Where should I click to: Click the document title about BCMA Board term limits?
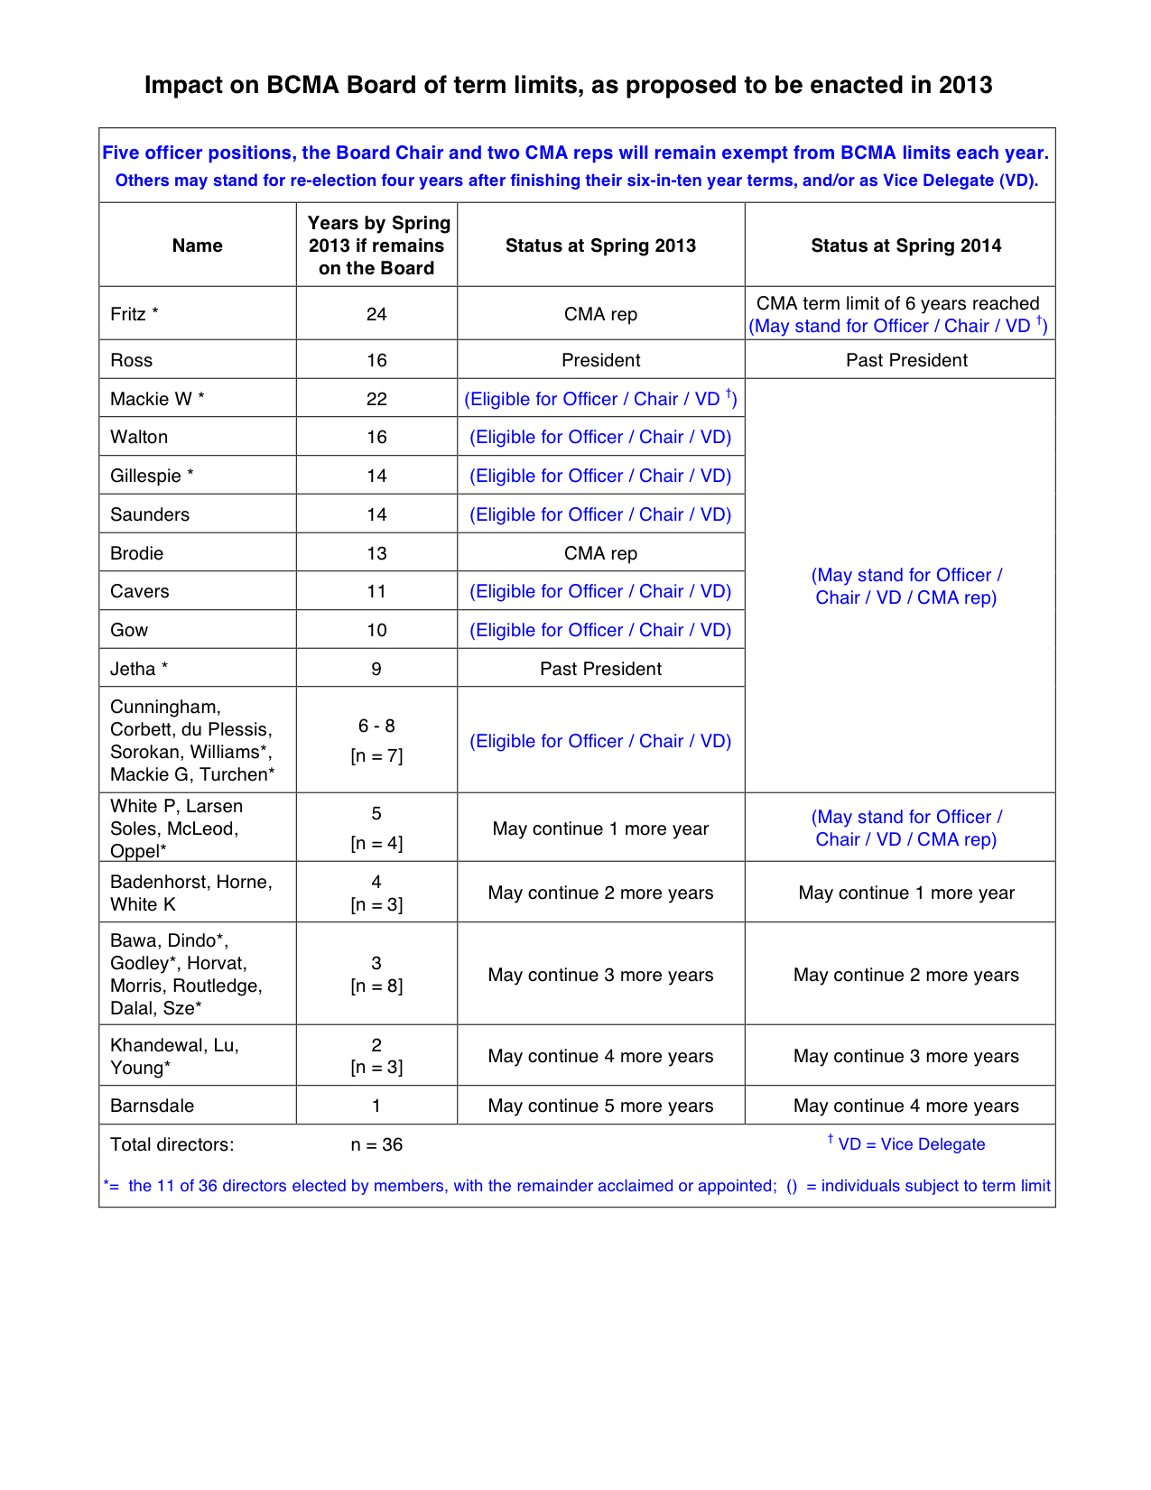click(568, 85)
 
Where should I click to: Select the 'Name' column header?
click(197, 245)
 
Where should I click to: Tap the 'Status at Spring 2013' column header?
click(600, 245)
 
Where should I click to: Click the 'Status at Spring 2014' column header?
click(905, 245)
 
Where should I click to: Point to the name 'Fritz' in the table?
click(128, 314)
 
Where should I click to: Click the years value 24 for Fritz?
click(376, 314)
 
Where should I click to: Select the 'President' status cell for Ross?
click(600, 360)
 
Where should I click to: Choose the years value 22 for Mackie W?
click(376, 399)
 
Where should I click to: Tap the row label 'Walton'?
click(139, 437)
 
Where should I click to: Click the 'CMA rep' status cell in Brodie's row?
click(600, 553)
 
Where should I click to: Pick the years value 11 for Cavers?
click(376, 591)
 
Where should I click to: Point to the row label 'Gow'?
click(129, 630)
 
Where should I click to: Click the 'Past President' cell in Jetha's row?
click(600, 669)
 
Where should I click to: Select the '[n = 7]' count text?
click(376, 755)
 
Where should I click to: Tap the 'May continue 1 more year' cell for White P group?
click(600, 828)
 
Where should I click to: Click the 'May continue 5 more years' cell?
click(600, 1106)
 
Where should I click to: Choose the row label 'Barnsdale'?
click(152, 1106)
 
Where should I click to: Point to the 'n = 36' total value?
click(376, 1144)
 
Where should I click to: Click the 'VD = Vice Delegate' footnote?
click(911, 1144)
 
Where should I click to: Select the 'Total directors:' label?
click(172, 1144)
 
